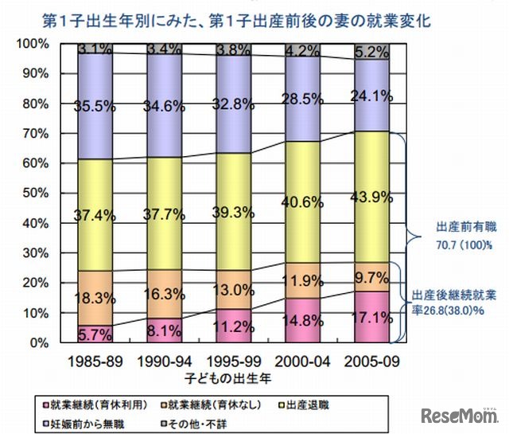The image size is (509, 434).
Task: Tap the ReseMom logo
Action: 461,416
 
